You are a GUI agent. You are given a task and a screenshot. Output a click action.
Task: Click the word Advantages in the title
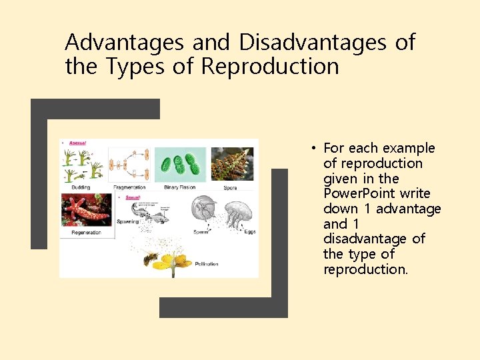[x=125, y=43]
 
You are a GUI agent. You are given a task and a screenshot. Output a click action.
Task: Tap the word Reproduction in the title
[x=270, y=67]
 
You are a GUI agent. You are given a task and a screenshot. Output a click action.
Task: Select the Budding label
[x=81, y=187]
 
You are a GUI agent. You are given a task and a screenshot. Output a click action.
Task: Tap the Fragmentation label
[x=129, y=187]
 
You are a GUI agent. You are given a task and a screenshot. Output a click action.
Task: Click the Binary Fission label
[x=180, y=187]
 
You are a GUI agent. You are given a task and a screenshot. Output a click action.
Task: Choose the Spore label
[x=231, y=187]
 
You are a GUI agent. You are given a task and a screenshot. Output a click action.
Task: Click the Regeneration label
[x=87, y=233]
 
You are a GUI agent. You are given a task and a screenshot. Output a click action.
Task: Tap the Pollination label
[x=207, y=264]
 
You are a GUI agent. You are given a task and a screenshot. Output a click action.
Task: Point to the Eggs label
[x=249, y=231]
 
